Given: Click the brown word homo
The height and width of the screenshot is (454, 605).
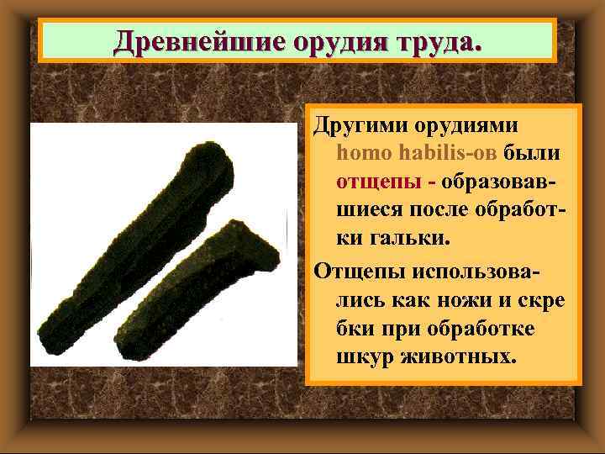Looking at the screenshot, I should tap(360, 154).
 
